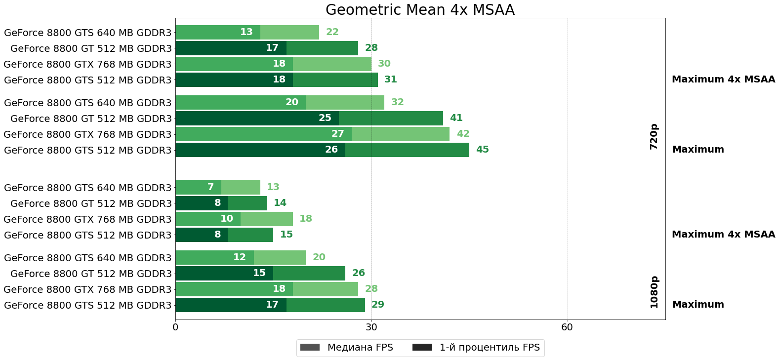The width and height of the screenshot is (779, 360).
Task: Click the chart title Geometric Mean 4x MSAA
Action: (x=420, y=10)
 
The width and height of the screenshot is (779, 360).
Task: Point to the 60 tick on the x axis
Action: (x=567, y=327)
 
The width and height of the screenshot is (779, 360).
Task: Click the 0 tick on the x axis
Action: (x=175, y=327)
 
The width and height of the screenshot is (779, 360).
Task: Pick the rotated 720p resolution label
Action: (x=654, y=137)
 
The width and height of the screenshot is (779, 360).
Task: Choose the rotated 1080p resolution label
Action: (x=654, y=292)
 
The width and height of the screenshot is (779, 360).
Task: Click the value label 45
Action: (x=482, y=150)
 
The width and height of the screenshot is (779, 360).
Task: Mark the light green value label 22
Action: (x=332, y=32)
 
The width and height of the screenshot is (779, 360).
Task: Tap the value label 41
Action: (x=456, y=118)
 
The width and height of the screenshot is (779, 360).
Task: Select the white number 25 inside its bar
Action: (x=325, y=118)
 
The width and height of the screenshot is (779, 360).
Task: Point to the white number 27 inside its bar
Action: (x=337, y=134)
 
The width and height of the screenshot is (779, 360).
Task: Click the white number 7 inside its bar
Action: (x=210, y=187)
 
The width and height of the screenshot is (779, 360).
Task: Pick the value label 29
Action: (x=377, y=305)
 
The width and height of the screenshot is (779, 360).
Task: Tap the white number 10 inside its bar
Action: (x=226, y=219)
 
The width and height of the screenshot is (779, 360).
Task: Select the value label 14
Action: (x=280, y=203)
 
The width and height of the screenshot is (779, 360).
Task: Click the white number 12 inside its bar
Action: (x=239, y=257)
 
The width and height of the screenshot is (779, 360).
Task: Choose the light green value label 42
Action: (x=463, y=134)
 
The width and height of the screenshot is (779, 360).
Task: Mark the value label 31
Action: (x=390, y=80)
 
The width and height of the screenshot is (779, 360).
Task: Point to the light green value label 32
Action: (x=397, y=102)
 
